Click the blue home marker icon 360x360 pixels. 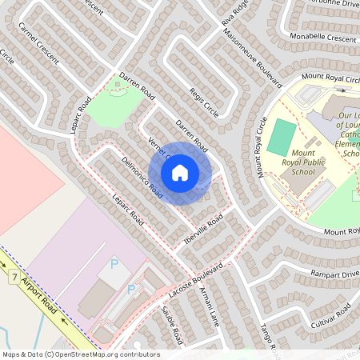click(x=180, y=172)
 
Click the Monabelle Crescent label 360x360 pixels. click(x=325, y=38)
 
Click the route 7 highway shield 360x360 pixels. click(x=14, y=277)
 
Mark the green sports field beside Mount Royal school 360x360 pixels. click(x=281, y=137)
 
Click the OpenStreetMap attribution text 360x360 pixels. click(x=80, y=354)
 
